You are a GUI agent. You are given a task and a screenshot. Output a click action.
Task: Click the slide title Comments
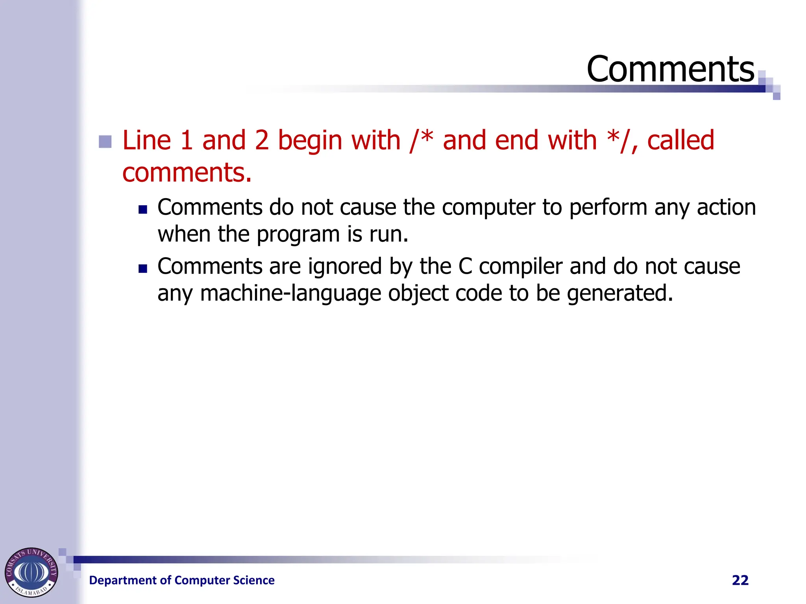click(670, 69)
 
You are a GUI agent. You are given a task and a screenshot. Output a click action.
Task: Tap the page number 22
click(740, 580)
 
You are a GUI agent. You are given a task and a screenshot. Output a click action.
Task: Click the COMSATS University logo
click(31, 572)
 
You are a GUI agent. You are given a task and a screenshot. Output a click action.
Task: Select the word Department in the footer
click(123, 580)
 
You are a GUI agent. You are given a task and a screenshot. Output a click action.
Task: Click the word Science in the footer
click(253, 580)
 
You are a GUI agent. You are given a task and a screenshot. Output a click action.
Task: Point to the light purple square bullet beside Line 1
click(105, 142)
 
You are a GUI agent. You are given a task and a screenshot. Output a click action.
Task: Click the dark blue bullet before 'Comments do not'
click(142, 209)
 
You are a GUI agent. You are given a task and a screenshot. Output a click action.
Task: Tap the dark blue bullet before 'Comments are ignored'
click(142, 269)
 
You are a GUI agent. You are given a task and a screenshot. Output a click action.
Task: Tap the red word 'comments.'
click(187, 173)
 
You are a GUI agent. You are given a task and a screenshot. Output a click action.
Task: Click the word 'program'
click(298, 235)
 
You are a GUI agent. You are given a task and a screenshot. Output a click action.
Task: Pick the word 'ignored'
click(345, 267)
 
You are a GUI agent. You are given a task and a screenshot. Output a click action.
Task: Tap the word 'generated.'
click(620, 293)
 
